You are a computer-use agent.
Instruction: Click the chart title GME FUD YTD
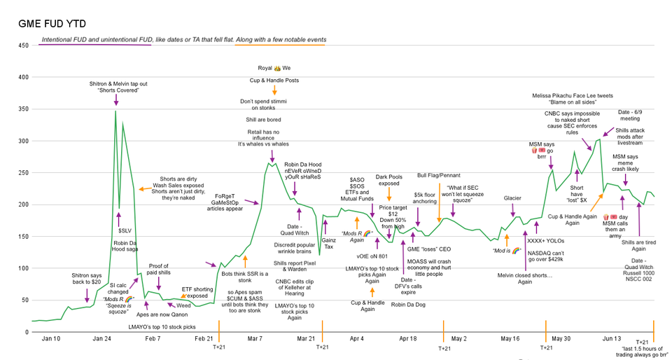tap(48, 24)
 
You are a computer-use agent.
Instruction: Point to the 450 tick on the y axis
tap(23, 46)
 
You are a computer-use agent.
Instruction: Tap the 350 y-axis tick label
tap(23, 109)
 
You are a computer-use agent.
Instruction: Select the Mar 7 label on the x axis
tap(255, 339)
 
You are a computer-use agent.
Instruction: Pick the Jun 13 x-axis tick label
tap(612, 339)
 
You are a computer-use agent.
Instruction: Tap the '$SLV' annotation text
tap(125, 230)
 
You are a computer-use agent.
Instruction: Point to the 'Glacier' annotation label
tap(513, 198)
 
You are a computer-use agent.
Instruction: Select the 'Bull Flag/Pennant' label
tap(440, 174)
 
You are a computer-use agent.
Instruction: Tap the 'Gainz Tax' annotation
tap(329, 243)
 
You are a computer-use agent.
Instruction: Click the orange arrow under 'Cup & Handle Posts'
tap(274, 90)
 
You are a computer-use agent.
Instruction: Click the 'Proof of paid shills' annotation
tap(159, 271)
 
